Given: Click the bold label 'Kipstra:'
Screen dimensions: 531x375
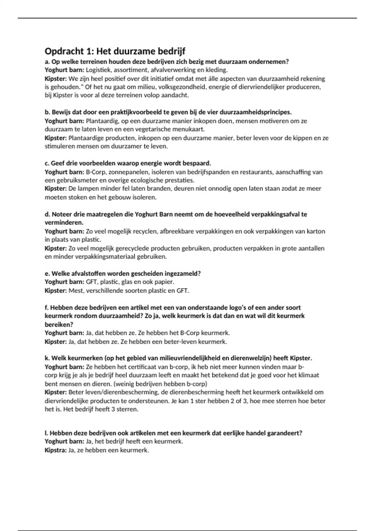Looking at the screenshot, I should click(56, 450).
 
